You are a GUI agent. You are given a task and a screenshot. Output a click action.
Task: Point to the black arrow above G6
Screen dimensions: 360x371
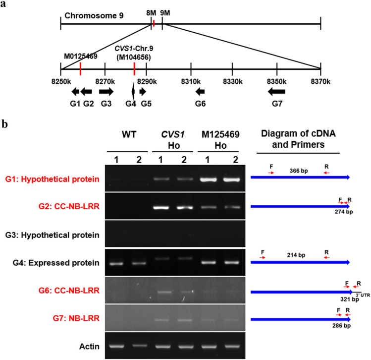point(200,91)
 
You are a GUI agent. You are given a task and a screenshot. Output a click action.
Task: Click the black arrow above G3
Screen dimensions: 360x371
point(106,91)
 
